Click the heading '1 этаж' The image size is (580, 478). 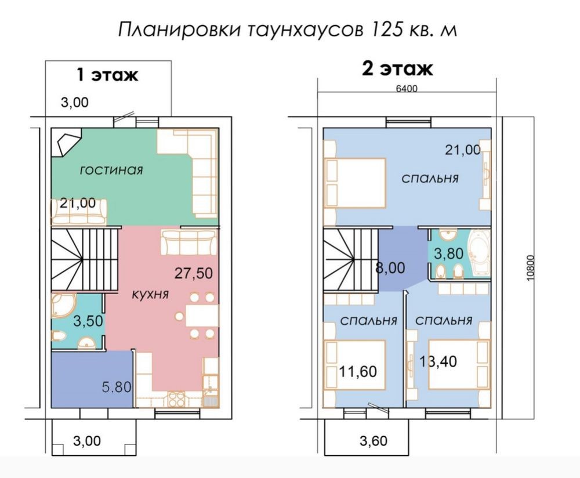click(x=107, y=75)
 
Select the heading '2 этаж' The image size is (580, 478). click(x=397, y=69)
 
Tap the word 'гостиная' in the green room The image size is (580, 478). click(x=111, y=170)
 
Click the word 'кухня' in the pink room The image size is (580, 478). click(x=150, y=295)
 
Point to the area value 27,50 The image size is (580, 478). click(x=194, y=273)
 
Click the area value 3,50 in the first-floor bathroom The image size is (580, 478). click(x=88, y=321)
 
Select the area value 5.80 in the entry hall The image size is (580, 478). click(x=117, y=388)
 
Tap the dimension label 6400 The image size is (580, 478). click(x=407, y=89)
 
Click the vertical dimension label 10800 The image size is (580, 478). click(x=531, y=268)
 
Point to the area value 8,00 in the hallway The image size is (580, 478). click(x=390, y=267)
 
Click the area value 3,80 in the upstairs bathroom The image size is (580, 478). click(x=449, y=254)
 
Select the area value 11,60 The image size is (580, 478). click(x=358, y=371)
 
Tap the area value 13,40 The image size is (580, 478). click(x=438, y=361)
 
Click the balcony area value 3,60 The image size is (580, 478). click(x=374, y=441)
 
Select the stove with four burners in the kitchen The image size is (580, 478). click(x=176, y=399)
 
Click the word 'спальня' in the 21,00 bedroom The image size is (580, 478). click(x=430, y=179)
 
